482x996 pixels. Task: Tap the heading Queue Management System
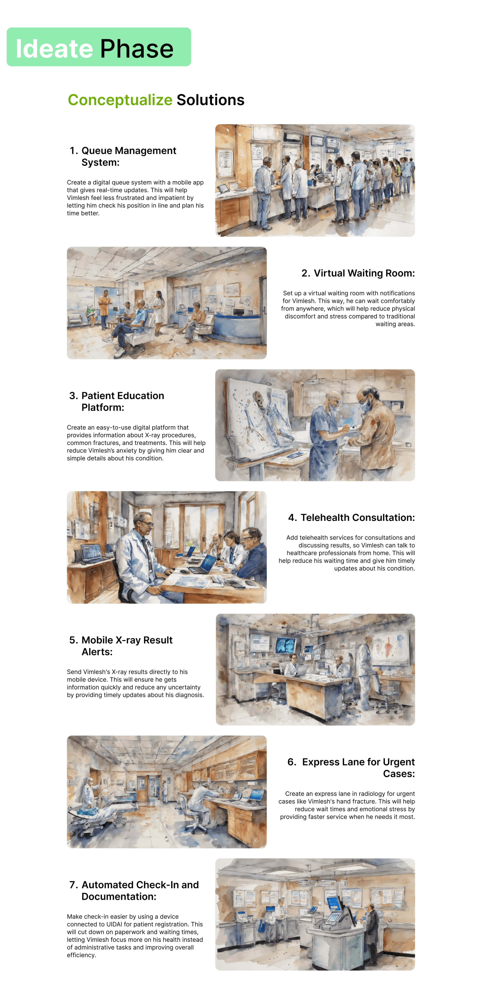(x=123, y=156)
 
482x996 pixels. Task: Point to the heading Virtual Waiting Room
(x=358, y=273)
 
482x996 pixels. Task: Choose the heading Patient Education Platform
(x=117, y=401)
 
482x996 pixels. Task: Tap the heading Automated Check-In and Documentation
(x=134, y=890)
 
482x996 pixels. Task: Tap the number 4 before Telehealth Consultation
(x=291, y=517)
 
